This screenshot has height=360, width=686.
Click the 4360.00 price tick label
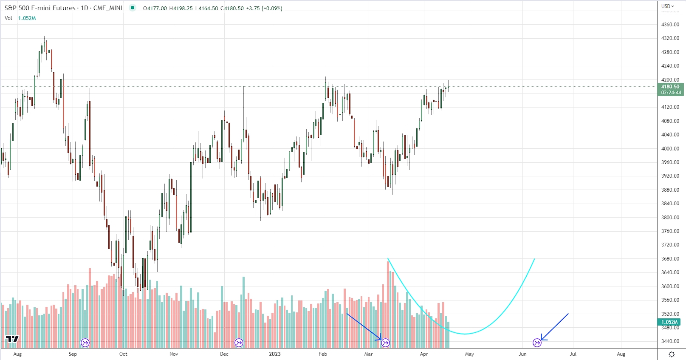(670, 25)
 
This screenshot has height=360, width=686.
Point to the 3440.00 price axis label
(670, 341)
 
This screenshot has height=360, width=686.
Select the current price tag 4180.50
(670, 87)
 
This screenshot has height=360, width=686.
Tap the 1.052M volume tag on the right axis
(669, 322)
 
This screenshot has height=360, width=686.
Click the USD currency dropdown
(667, 6)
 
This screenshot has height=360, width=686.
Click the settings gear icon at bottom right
(672, 354)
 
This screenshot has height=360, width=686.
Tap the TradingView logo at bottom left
(12, 339)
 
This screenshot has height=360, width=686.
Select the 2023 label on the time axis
(274, 354)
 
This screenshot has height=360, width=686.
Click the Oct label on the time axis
(123, 354)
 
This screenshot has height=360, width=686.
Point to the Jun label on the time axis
(522, 354)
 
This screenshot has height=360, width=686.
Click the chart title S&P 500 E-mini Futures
(40, 8)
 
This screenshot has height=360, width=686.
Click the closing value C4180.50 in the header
(232, 9)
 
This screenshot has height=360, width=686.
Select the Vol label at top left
(8, 18)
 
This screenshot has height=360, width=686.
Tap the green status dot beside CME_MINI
(133, 8)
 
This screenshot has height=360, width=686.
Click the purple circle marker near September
(85, 343)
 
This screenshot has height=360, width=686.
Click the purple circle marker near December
(239, 343)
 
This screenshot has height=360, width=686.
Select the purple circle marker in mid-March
(385, 343)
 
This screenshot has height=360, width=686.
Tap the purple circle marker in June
(537, 343)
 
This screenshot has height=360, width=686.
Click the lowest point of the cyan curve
(466, 334)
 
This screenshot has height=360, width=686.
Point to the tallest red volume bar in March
(388, 298)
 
